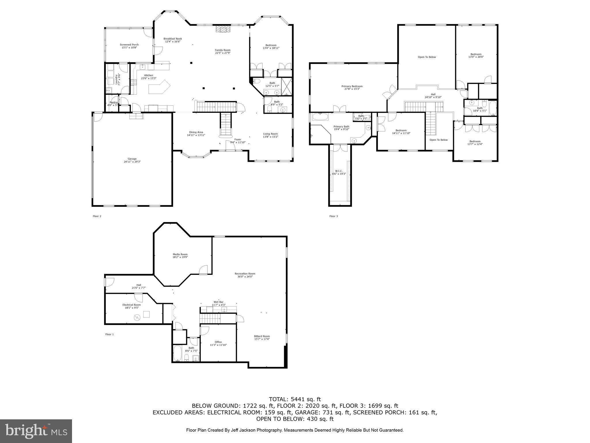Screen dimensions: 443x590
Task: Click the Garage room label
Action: click(132, 159)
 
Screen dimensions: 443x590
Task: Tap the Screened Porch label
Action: click(129, 45)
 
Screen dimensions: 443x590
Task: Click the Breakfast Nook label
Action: click(173, 39)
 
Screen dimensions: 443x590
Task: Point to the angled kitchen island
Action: click(159, 87)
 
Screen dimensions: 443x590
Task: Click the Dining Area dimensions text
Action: click(196, 135)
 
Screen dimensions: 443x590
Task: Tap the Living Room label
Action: click(270, 134)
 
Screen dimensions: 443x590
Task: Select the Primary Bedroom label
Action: click(352, 86)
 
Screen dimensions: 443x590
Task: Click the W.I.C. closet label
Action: click(339, 171)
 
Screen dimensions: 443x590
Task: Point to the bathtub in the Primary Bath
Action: click(320, 117)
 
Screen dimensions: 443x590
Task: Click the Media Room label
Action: click(180, 254)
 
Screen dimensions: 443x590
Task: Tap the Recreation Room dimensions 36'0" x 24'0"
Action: click(245, 277)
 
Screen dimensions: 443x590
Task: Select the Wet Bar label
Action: click(218, 302)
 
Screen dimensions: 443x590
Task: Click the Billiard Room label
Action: click(262, 336)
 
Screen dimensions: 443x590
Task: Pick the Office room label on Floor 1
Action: click(218, 342)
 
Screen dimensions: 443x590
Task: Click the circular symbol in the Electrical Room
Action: click(137, 318)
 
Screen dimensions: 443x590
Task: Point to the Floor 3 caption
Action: click(333, 216)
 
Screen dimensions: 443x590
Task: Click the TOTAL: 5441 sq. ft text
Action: click(295, 399)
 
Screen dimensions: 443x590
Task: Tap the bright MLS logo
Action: click(36, 431)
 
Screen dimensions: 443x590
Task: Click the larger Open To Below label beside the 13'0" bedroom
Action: click(427, 57)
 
